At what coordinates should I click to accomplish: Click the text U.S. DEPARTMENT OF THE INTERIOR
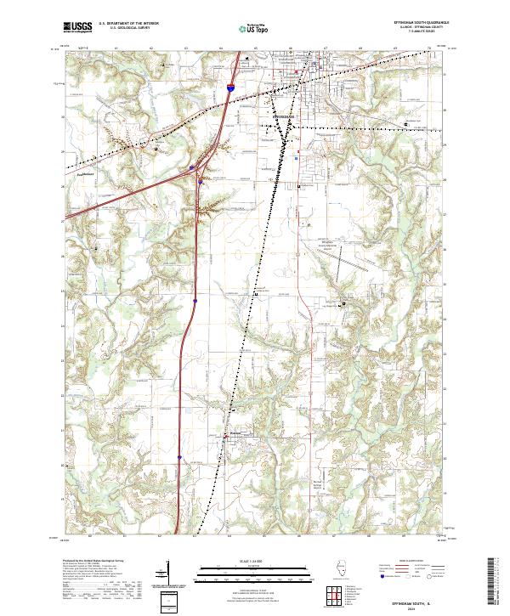(128, 24)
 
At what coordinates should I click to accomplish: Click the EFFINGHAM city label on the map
(285, 109)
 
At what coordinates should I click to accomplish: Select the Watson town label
(237, 431)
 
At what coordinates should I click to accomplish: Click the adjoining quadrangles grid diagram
(331, 594)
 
